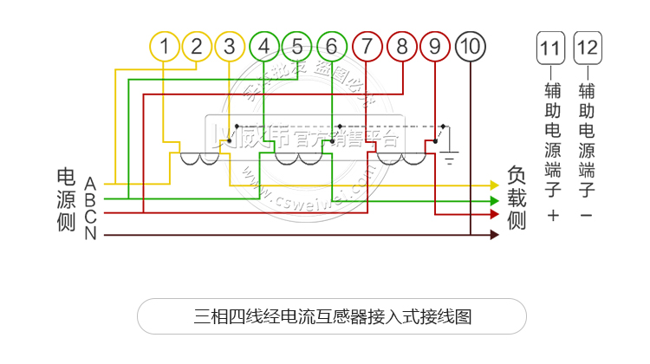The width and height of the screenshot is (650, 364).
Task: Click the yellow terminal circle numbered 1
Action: pos(165,47)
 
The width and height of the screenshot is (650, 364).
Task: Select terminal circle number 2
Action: pos(197,47)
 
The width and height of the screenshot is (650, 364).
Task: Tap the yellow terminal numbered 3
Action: pos(230,47)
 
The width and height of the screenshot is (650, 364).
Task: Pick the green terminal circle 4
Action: pos(264,47)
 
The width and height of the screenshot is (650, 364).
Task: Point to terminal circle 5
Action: pos(297,47)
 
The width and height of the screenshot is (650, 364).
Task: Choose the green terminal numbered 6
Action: pos(332,47)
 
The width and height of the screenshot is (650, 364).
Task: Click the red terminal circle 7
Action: pos(367,47)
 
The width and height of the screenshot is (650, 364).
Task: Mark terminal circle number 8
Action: pos(401,47)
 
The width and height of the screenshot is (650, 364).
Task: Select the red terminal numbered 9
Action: pos(435,47)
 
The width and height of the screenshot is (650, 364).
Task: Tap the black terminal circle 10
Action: pos(470,47)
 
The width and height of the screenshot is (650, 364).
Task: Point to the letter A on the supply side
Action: pos(90,183)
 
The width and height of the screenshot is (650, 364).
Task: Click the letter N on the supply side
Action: pos(90,234)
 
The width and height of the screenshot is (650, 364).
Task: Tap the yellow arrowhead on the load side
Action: pos(496,185)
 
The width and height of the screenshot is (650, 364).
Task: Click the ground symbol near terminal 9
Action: pos(450,159)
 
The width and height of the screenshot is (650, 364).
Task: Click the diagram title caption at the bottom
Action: pos(333,315)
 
